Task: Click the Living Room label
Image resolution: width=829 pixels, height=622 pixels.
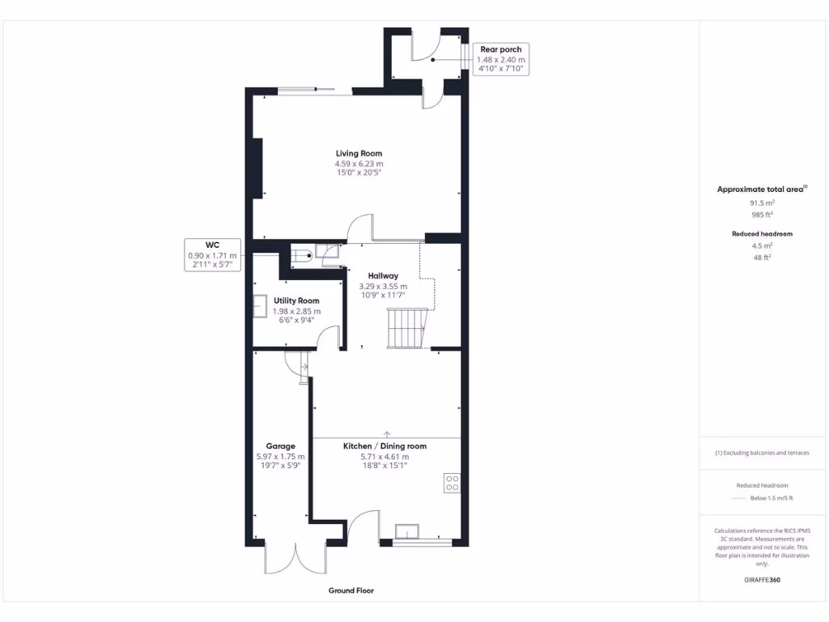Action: click(359, 153)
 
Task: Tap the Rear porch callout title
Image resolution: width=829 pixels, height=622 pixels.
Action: click(501, 49)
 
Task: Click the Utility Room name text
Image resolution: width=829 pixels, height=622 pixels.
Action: click(296, 300)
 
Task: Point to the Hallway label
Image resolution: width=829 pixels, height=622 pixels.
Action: click(383, 276)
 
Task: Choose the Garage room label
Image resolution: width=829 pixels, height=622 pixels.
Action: click(281, 445)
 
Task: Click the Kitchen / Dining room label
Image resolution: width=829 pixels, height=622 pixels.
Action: click(385, 446)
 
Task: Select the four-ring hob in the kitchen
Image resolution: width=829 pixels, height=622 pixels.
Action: click(452, 483)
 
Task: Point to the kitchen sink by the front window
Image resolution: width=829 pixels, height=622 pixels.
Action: click(407, 531)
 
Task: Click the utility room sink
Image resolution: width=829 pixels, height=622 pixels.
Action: click(261, 306)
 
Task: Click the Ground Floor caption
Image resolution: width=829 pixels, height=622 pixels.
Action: click(351, 590)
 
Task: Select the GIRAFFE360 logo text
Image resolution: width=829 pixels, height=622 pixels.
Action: click(762, 580)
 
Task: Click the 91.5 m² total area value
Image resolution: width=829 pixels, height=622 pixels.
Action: click(762, 203)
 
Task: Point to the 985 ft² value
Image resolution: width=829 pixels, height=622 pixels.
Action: click(762, 215)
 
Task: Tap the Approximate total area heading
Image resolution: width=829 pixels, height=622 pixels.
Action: click(761, 190)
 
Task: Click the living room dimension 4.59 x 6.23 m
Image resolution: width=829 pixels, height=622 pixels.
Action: click(359, 163)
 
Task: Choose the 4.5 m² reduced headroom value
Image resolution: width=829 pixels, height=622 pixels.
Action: click(762, 245)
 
